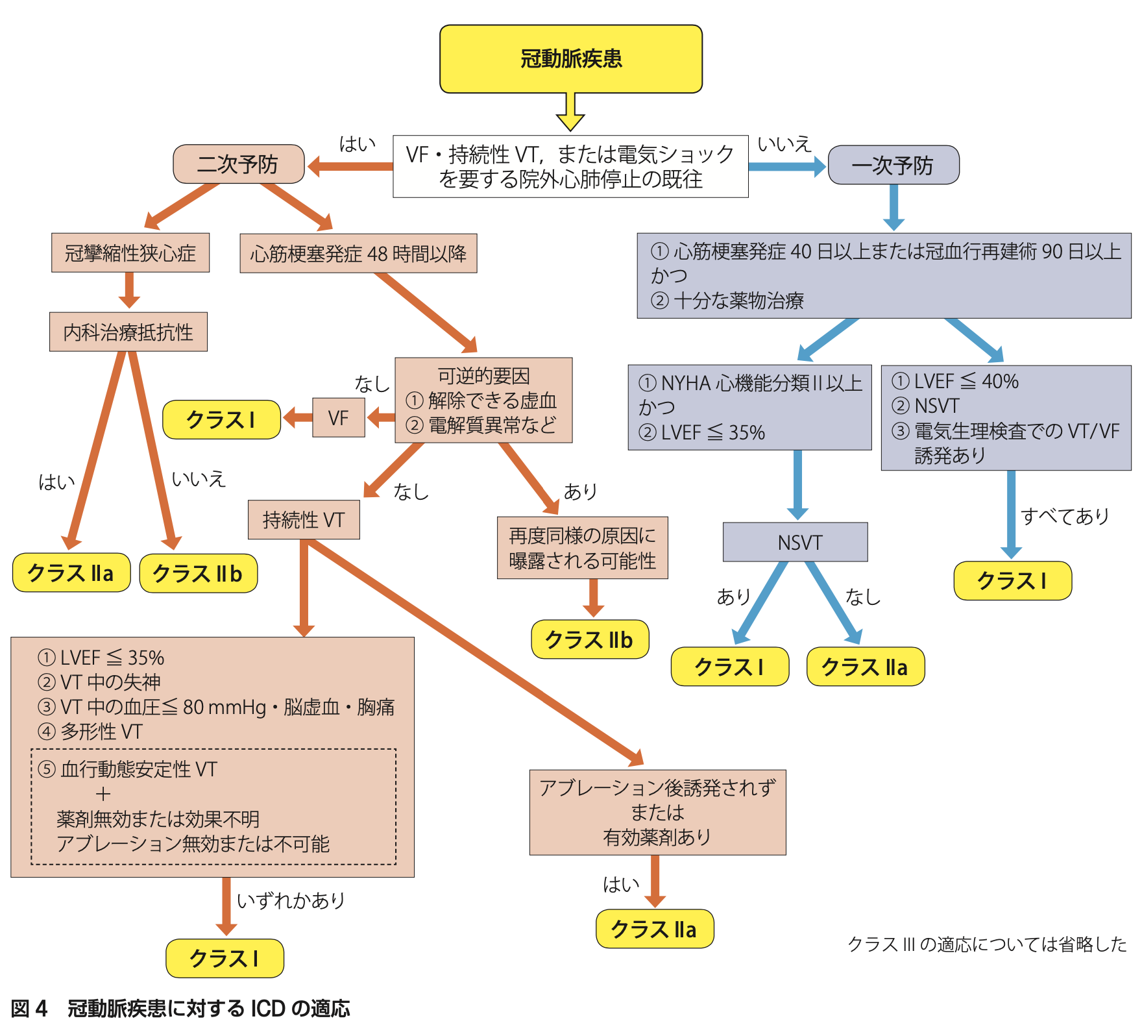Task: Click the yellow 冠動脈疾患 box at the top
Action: tap(570, 59)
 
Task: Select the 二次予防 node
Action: tap(238, 164)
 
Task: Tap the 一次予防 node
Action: tap(893, 166)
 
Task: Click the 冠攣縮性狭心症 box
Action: tap(130, 253)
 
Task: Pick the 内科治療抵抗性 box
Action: tap(128, 332)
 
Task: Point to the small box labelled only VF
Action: tap(338, 417)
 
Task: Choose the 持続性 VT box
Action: tap(304, 519)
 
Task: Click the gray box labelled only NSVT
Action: tap(795, 542)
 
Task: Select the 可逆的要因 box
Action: tap(483, 400)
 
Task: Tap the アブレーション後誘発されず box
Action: tap(657, 812)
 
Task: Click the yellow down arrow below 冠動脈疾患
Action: tap(570, 113)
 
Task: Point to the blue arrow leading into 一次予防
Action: tap(787, 166)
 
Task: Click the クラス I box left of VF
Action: tap(221, 420)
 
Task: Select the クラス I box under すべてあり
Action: tap(1012, 580)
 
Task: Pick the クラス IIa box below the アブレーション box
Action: tap(654, 929)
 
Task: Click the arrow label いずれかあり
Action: tap(291, 900)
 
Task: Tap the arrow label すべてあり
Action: tap(1065, 516)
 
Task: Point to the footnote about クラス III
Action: tap(987, 944)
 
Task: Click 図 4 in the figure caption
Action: tap(29, 1008)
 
